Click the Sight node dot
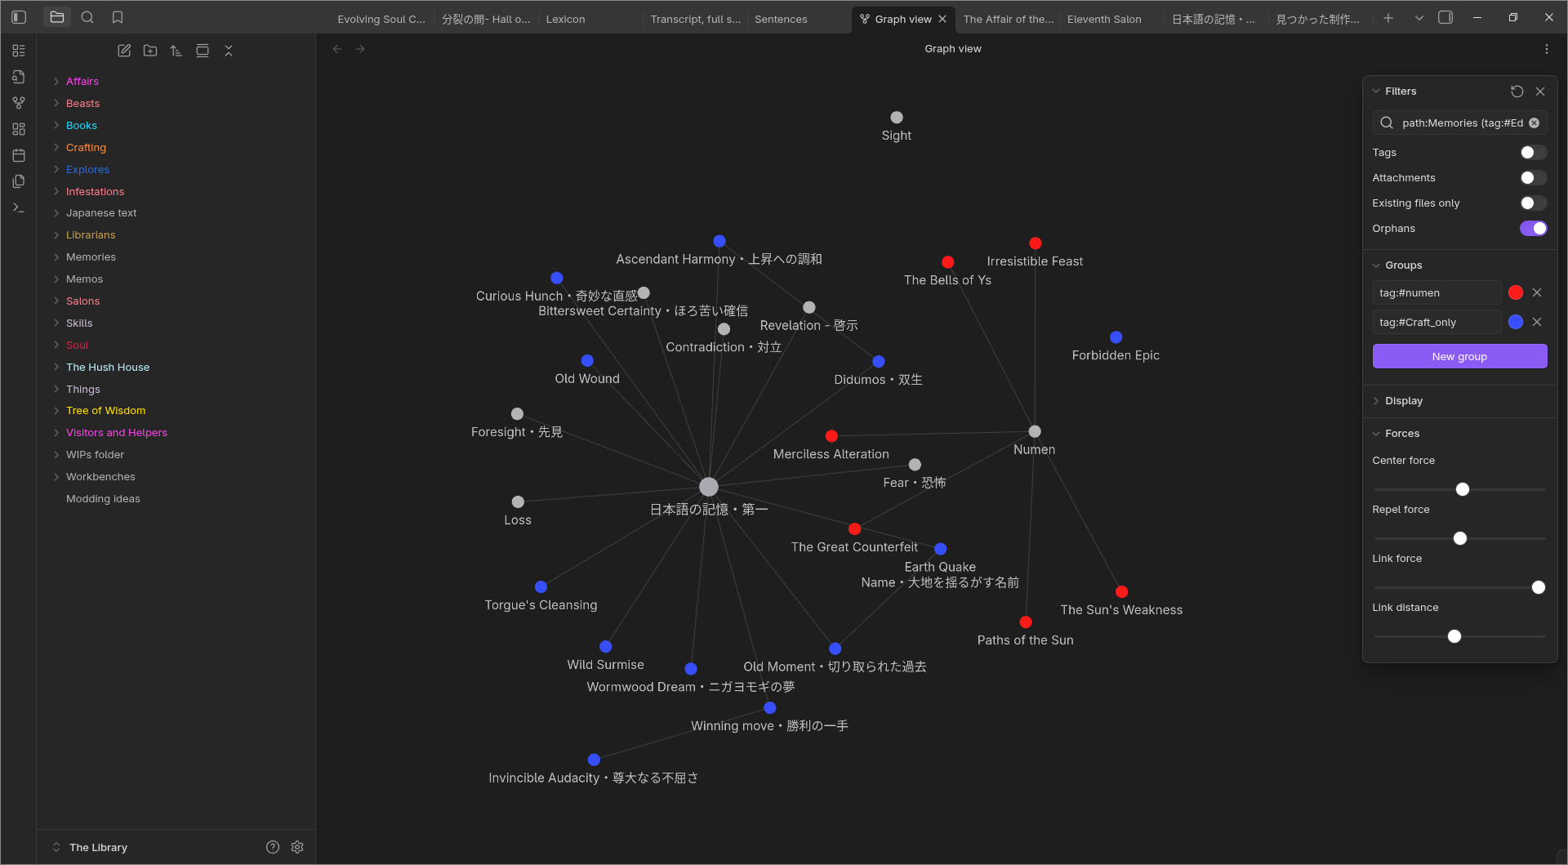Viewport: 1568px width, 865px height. tap(897, 118)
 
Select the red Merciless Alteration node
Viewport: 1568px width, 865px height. tap(831, 436)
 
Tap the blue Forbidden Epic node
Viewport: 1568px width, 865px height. tap(1116, 337)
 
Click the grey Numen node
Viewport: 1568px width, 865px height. tap(1035, 431)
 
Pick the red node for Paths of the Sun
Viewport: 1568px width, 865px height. tap(1026, 622)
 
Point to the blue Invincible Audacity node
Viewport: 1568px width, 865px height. tap(594, 760)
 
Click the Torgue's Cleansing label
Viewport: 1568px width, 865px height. tap(541, 605)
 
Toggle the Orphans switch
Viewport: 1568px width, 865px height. tap(1533, 229)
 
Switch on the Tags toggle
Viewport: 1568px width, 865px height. tap(1533, 153)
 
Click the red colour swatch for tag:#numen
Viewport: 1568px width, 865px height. tap(1516, 292)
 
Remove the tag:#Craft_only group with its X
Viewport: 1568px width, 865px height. tap(1537, 322)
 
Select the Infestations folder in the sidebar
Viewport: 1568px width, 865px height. tap(95, 191)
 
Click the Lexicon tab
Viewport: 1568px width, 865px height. tap(565, 19)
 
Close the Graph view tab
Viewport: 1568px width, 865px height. tap(942, 19)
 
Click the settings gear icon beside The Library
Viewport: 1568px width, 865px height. tap(297, 847)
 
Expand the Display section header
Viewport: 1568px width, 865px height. tap(1403, 401)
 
